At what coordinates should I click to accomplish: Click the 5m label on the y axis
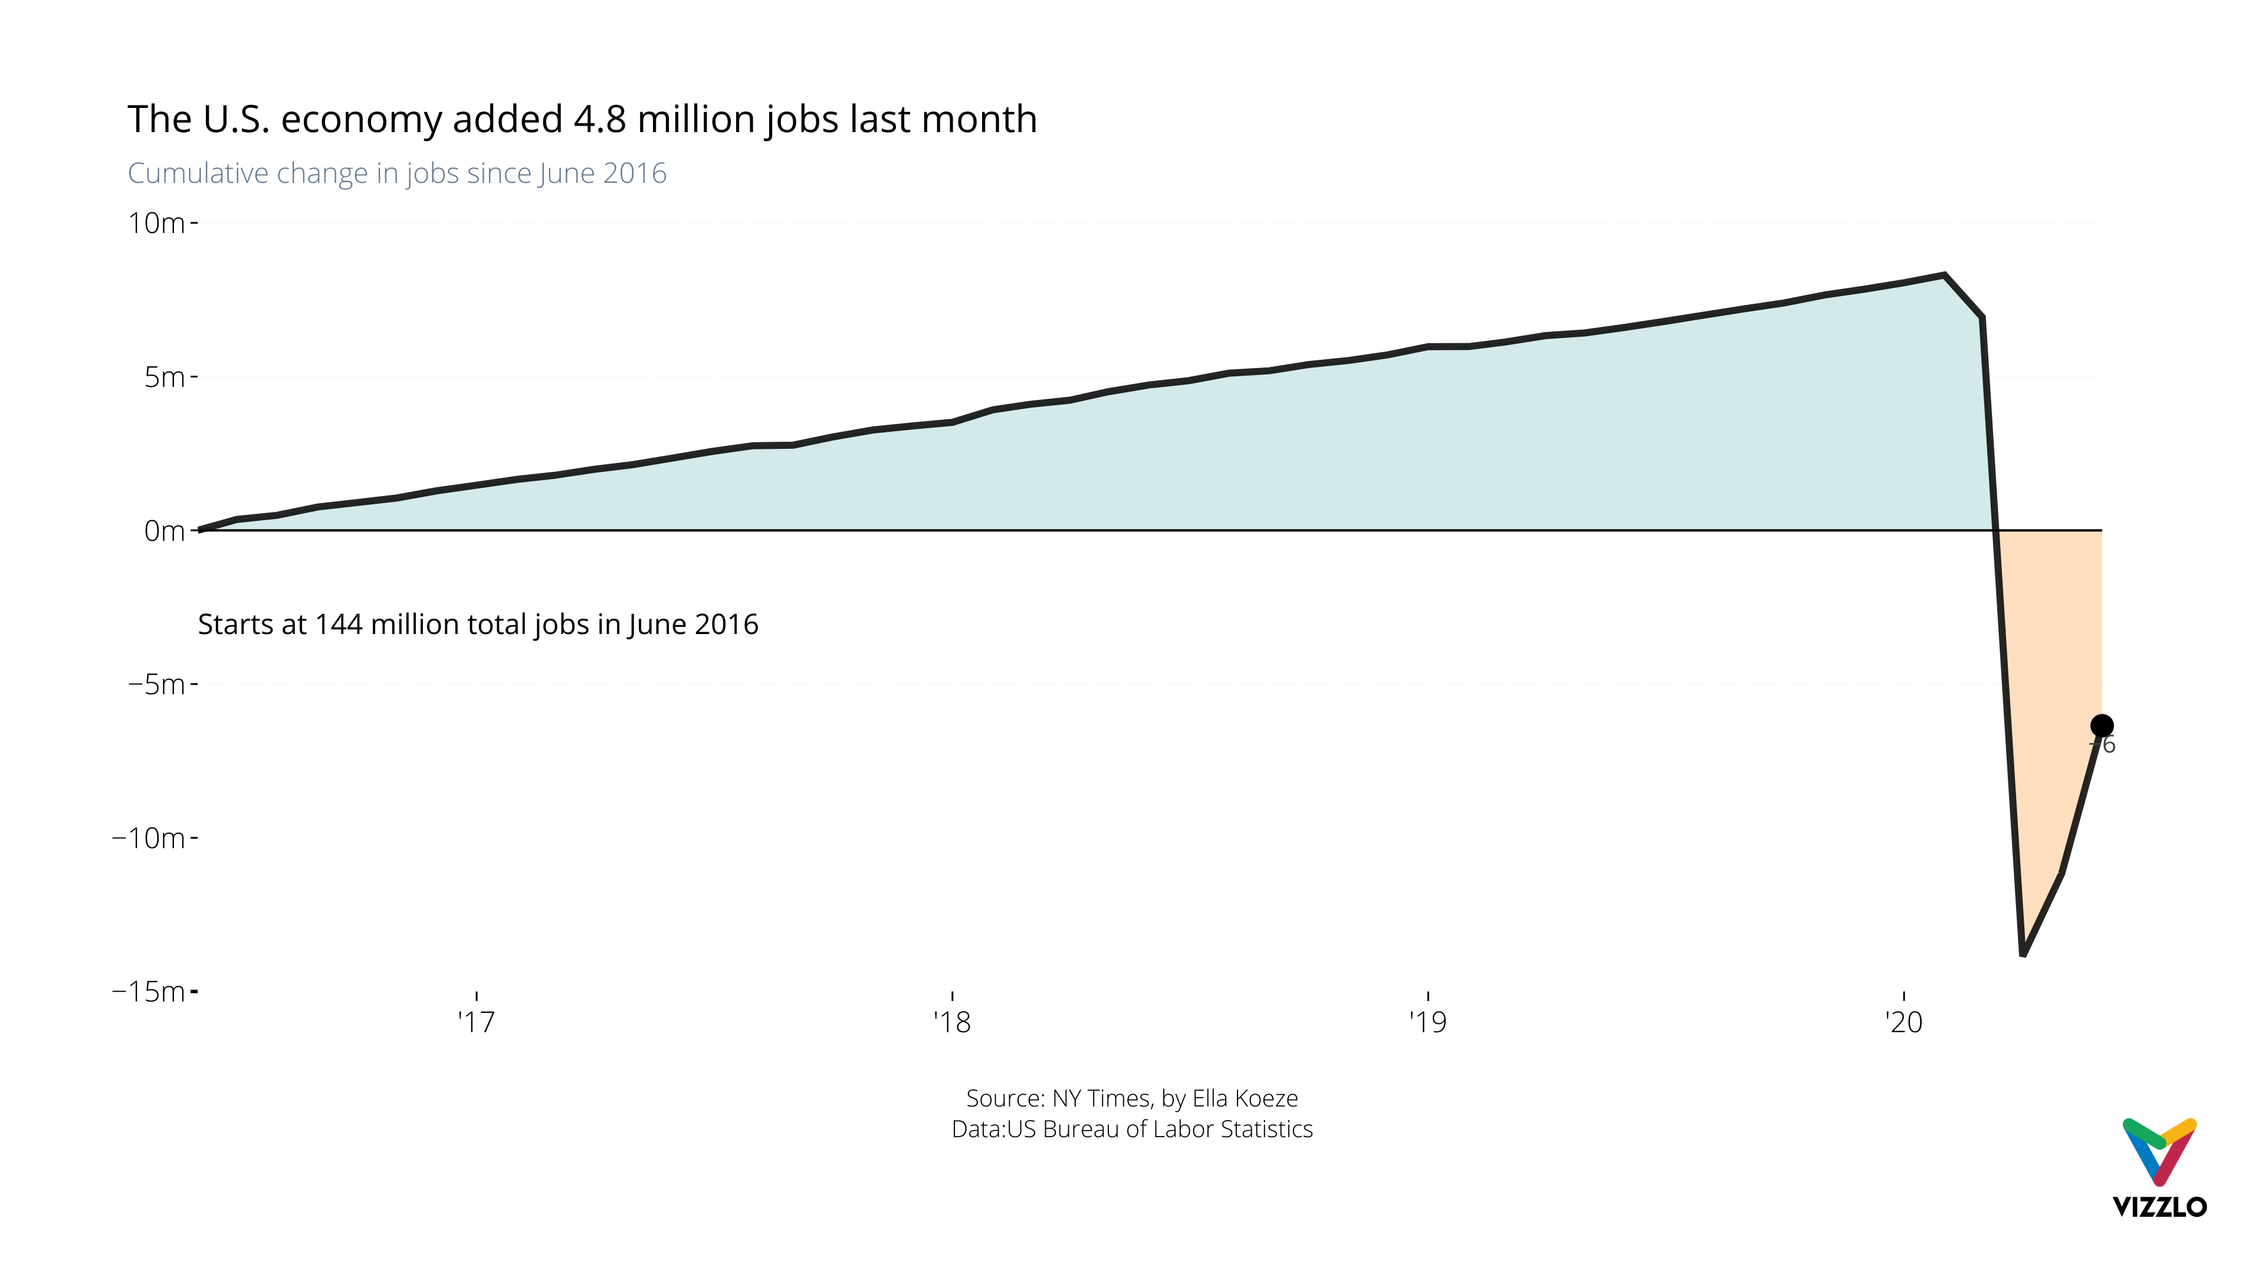pos(165,377)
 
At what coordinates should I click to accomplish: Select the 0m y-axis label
pos(165,531)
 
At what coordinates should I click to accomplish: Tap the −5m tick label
pos(156,684)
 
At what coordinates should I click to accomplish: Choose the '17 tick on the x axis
pos(477,1022)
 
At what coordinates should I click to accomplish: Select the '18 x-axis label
pos(952,1022)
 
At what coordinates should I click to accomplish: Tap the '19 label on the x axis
pos(1428,1022)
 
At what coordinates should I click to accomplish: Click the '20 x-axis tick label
pos(1903,1022)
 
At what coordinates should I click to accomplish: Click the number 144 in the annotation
pos(339,624)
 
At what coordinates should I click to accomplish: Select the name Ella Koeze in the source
pos(1244,1098)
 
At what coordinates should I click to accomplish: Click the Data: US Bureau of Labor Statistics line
pos(1132,1129)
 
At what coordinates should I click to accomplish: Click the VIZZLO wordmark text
pos(2159,1206)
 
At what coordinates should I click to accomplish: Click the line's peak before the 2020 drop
pos(1945,275)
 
